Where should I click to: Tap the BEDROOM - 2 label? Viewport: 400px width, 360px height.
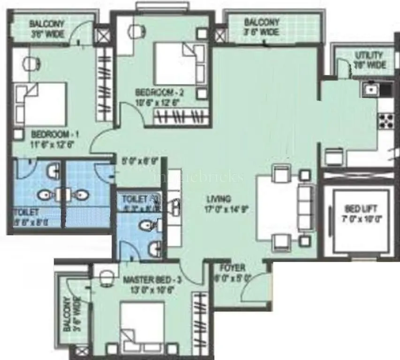159,92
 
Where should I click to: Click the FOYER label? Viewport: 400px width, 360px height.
233,268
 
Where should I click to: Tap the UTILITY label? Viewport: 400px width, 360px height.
368,55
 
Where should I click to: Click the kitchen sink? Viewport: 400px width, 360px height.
371,88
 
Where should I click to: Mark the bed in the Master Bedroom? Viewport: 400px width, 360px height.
142,326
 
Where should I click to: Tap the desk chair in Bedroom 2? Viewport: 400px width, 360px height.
135,30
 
